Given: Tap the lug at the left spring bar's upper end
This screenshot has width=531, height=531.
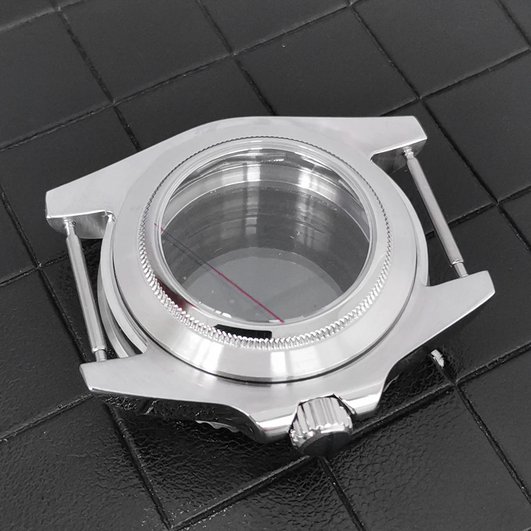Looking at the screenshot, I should click(x=80, y=205).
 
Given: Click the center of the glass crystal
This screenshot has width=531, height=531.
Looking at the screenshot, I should click(x=266, y=234).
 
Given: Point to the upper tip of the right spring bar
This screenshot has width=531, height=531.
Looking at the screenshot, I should click(x=408, y=153).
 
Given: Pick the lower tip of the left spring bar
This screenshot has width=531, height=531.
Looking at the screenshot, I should click(x=100, y=355).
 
